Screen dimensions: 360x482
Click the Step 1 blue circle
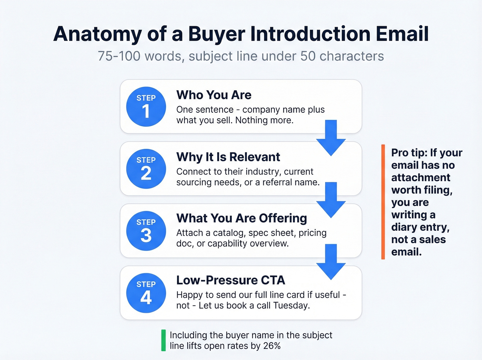click(x=146, y=106)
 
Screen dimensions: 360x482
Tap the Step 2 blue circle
click(x=146, y=169)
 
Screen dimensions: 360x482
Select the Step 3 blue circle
click(x=146, y=231)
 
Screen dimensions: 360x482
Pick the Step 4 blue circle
click(x=146, y=293)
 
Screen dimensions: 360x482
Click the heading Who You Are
click(x=214, y=95)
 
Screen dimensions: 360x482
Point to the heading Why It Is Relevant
click(x=228, y=157)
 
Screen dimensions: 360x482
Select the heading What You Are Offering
click(x=241, y=218)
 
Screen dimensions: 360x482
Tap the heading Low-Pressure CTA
click(x=230, y=280)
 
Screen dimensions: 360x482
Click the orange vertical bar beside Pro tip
click(x=383, y=202)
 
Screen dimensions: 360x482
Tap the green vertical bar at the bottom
click(x=164, y=340)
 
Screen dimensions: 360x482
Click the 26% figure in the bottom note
click(x=272, y=346)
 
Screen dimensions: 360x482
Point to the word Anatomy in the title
click(x=97, y=34)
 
